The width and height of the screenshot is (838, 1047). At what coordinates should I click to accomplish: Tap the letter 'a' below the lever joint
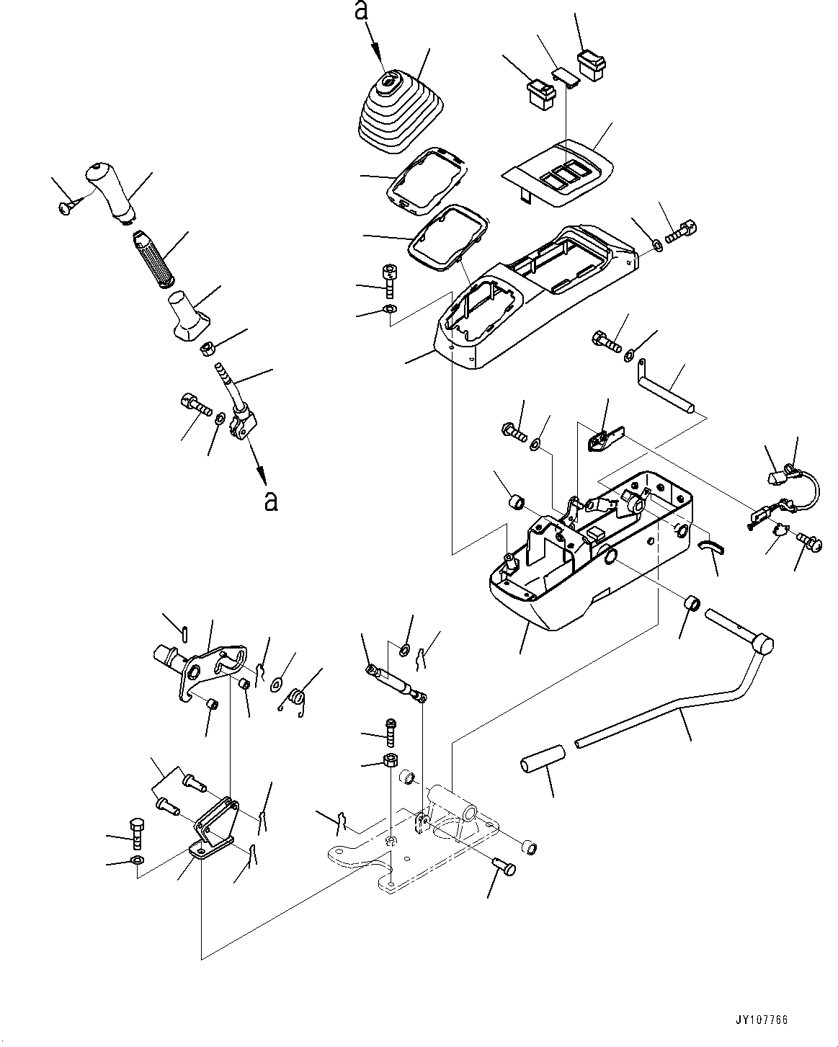coord(270,500)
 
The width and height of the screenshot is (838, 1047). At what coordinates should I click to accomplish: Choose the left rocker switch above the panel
coord(540,92)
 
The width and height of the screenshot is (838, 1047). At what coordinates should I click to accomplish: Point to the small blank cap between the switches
coord(566,76)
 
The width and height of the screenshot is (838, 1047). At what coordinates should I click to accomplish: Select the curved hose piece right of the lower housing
coord(712,548)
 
